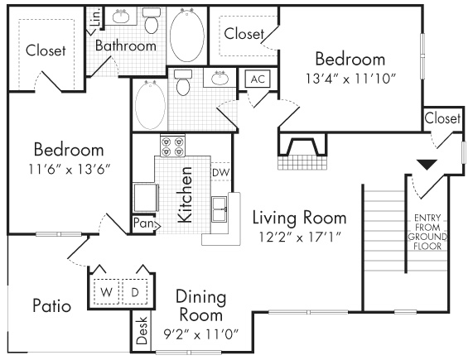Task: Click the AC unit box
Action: pyautogui.click(x=257, y=79)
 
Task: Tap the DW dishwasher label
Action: pyautogui.click(x=220, y=172)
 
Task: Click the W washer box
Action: pyautogui.click(x=108, y=292)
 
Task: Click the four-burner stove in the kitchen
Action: pyautogui.click(x=172, y=146)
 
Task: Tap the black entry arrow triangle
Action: pyautogui.click(x=427, y=166)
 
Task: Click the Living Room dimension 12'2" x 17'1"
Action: pyautogui.click(x=298, y=238)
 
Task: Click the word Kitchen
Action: pyautogui.click(x=187, y=195)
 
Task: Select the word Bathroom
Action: pyautogui.click(x=125, y=46)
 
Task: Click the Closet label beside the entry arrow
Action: pyautogui.click(x=442, y=118)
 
